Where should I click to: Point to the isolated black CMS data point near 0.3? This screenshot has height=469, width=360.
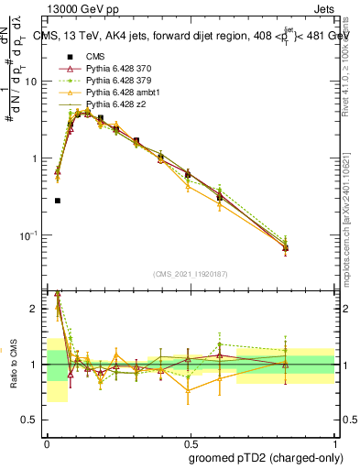pyautogui.click(x=58, y=200)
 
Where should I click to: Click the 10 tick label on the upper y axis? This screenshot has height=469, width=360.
pyautogui.click(x=35, y=82)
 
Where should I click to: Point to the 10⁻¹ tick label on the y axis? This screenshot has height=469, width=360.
pyautogui.click(x=31, y=236)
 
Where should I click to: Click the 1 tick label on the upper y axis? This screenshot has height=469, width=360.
pyautogui.click(x=38, y=158)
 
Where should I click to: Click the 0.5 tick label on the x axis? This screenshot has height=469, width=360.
pyautogui.click(x=190, y=441)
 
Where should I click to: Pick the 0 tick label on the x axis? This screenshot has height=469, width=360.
pyautogui.click(x=47, y=441)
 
